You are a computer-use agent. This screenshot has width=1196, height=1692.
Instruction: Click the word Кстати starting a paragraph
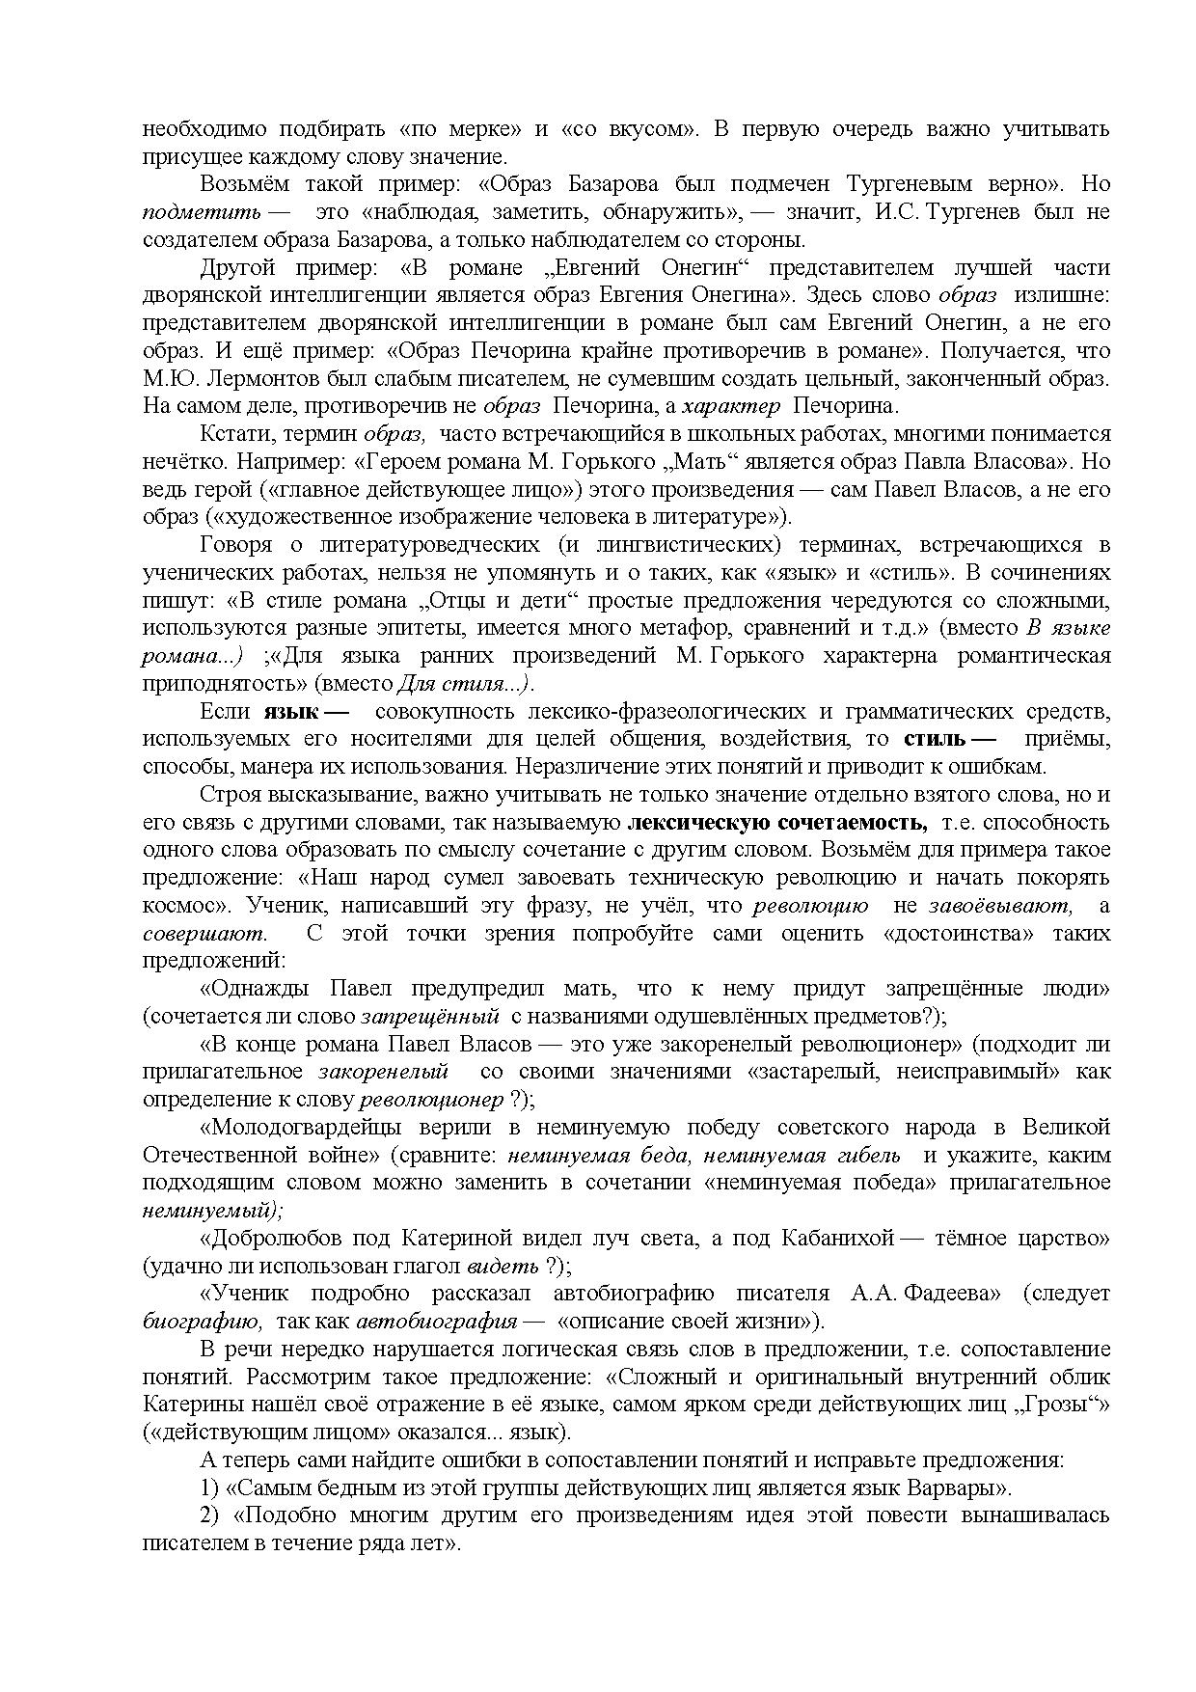click(229, 434)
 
